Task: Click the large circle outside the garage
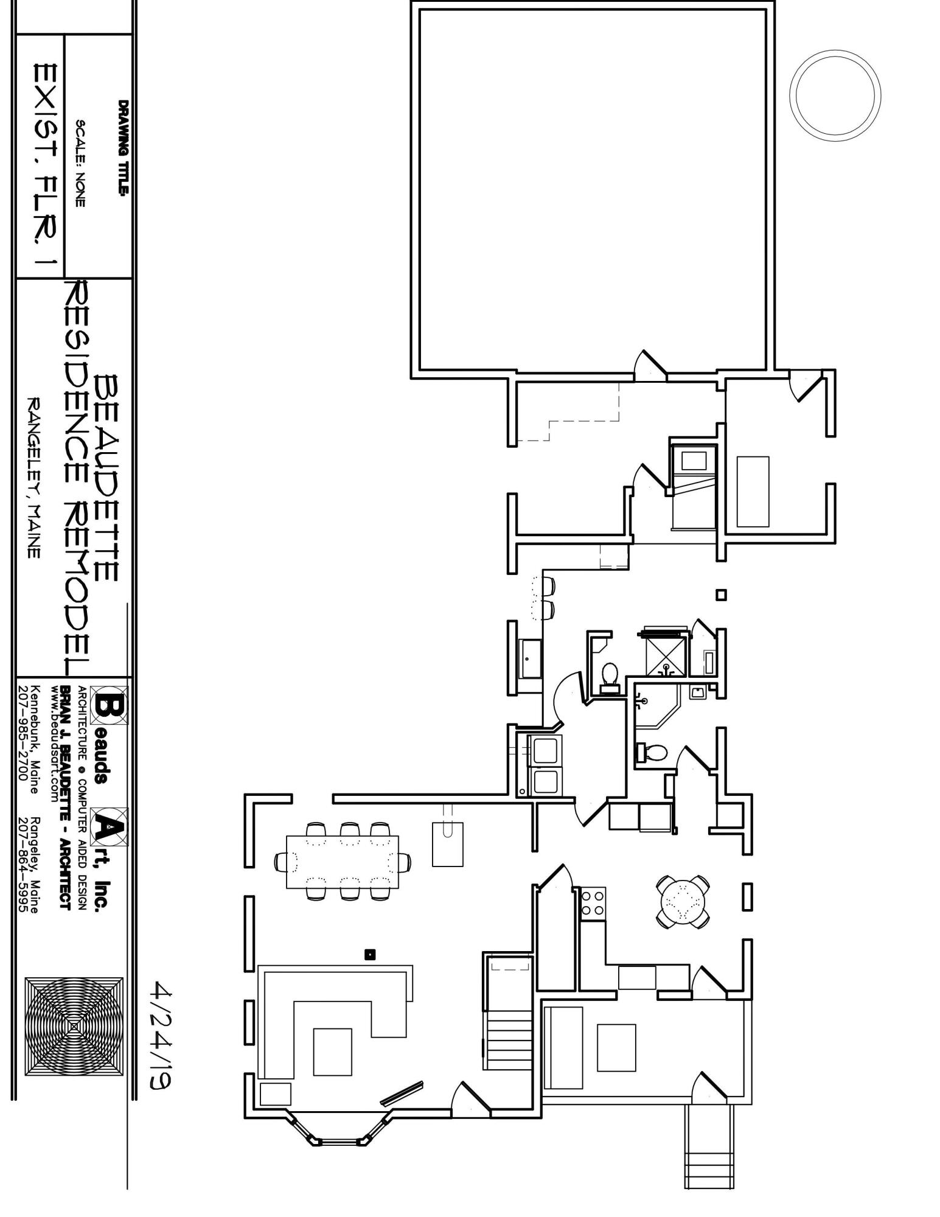click(835, 96)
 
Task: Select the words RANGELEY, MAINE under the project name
click(35, 478)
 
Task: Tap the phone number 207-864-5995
click(23, 864)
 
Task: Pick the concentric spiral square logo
click(74, 1026)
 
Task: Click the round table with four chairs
click(683, 901)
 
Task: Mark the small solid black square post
click(369, 955)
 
